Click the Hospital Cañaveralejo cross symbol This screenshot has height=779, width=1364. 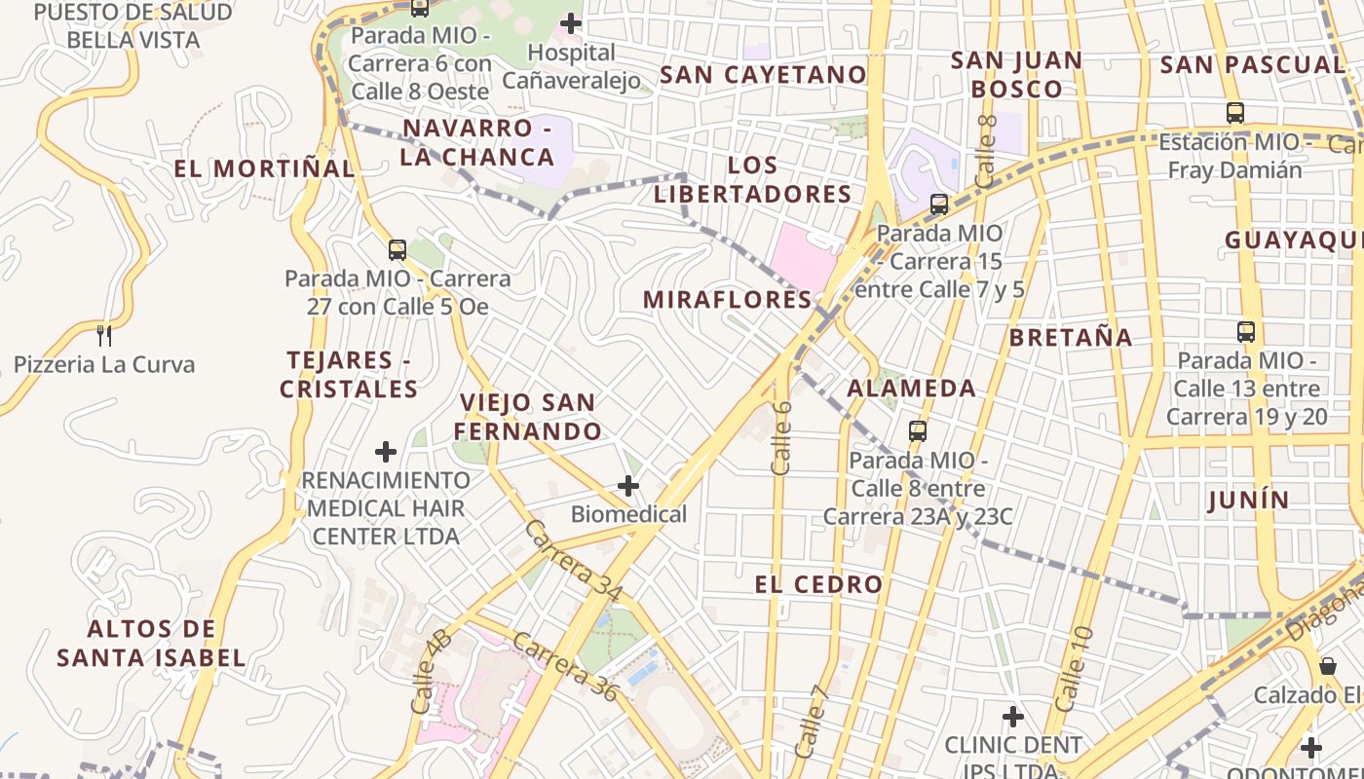click(571, 22)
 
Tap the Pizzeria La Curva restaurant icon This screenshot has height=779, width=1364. click(104, 336)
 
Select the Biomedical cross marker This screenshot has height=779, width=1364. click(628, 485)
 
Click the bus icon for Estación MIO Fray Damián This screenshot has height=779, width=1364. click(1235, 113)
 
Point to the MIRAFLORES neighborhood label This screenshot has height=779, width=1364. click(727, 300)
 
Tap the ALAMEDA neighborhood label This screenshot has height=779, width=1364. click(911, 389)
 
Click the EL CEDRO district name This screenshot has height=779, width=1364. click(818, 584)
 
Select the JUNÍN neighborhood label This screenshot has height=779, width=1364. click(1248, 501)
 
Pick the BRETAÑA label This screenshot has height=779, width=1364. click(1071, 338)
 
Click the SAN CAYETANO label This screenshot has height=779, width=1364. click(763, 75)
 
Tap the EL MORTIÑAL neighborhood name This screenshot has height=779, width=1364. click(264, 168)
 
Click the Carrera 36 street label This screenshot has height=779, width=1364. click(565, 667)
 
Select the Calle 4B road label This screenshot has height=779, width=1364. click(431, 672)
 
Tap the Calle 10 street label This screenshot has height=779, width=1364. click(1075, 669)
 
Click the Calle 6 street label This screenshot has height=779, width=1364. click(781, 438)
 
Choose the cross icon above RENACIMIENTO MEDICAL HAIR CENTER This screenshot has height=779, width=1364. click(386, 452)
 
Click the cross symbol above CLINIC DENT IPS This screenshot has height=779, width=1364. click(1013, 718)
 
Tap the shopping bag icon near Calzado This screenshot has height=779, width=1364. click(1327, 666)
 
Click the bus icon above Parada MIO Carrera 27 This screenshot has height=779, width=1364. click(397, 249)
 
